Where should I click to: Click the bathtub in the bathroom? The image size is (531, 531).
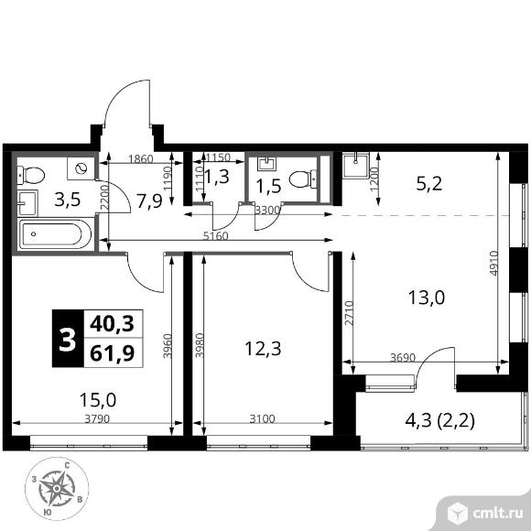(x=54, y=235)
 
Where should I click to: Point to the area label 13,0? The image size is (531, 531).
(x=428, y=298)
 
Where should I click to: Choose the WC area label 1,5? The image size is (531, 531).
(x=267, y=190)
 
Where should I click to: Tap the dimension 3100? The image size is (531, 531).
(x=262, y=419)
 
